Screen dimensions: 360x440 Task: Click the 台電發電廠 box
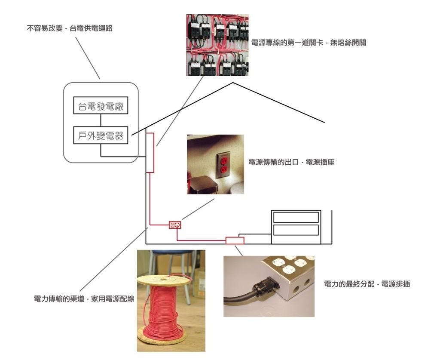tap(101, 105)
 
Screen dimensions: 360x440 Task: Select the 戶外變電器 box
tap(101, 135)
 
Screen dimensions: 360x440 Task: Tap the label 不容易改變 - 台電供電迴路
tap(70, 29)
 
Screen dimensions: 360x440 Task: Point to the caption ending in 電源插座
tap(292, 162)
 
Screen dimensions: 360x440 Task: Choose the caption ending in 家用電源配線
tap(84, 299)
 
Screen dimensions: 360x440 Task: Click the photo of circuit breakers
tap(217, 45)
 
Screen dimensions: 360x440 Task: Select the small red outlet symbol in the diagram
tap(175, 225)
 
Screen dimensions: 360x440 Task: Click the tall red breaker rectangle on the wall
tap(150, 152)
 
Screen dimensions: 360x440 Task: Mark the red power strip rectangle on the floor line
tap(235, 240)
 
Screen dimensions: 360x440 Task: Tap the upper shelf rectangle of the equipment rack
tap(296, 217)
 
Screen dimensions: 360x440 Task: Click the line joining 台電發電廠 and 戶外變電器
tap(101, 120)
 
